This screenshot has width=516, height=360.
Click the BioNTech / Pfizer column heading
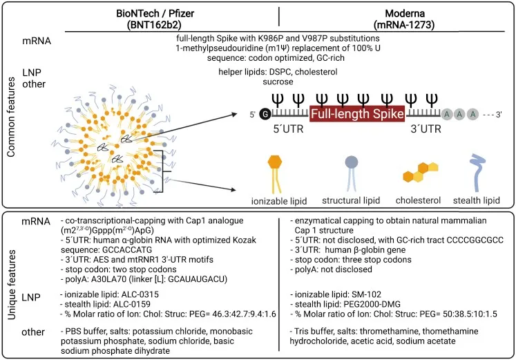pyautogui.click(x=155, y=19)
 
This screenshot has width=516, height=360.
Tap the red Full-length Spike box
pyautogui.click(x=357, y=114)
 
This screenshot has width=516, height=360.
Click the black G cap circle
pyautogui.click(x=265, y=114)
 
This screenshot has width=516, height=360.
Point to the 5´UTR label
pyautogui.click(x=288, y=129)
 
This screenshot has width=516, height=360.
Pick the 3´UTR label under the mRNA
pyautogui.click(x=426, y=129)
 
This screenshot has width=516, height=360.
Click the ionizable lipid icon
pyautogui.click(x=275, y=174)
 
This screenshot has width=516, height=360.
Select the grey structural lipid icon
pyautogui.click(x=351, y=173)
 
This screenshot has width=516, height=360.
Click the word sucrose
pyautogui.click(x=278, y=82)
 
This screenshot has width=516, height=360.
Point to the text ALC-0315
pyautogui.click(x=139, y=294)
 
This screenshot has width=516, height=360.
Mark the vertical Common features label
pyautogui.click(x=11, y=117)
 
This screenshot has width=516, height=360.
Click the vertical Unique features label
pyautogui.click(x=11, y=284)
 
